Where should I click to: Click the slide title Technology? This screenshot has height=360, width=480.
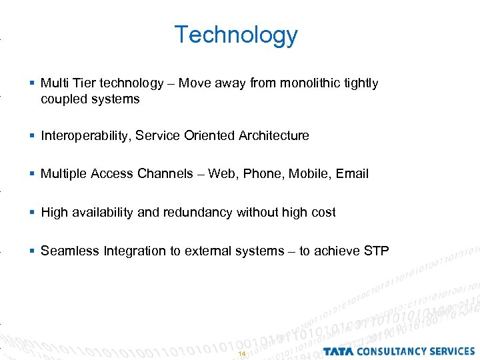pos(236,35)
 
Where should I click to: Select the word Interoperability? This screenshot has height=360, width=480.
pos(85,136)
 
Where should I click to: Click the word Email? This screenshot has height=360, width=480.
pos(352,174)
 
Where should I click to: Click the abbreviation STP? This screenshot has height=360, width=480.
pos(377,251)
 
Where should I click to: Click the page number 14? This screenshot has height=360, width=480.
pos(241,353)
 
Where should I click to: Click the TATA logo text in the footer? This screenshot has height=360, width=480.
pos(338,351)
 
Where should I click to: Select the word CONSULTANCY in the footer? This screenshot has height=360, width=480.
pos(389,351)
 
